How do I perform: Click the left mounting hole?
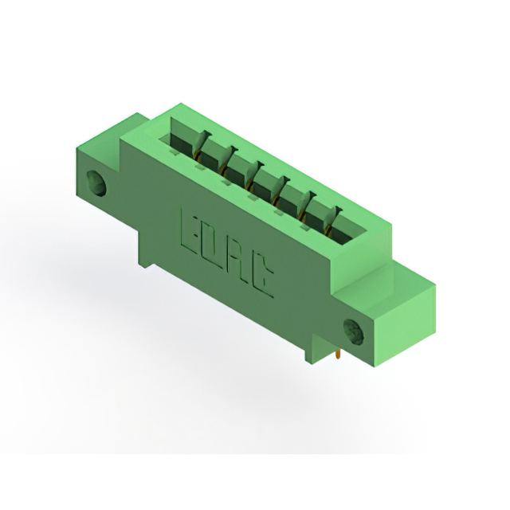(96, 182)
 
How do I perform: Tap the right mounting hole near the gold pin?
(354, 332)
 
